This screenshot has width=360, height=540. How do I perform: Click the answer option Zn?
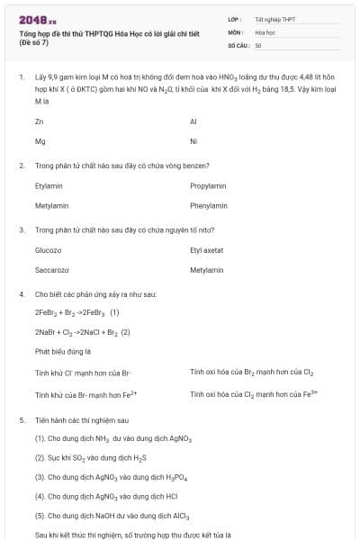click(x=39, y=121)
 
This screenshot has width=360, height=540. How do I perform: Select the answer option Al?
click(x=193, y=121)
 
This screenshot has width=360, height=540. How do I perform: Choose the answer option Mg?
click(x=40, y=141)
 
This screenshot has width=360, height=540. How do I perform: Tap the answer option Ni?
click(x=193, y=141)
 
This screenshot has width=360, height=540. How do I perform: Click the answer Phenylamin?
click(x=209, y=206)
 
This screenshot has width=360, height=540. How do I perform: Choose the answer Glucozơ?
click(x=49, y=249)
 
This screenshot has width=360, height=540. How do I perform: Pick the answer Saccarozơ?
click(x=52, y=270)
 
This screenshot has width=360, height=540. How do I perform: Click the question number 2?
click(x=22, y=166)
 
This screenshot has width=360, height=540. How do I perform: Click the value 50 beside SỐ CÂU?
click(x=258, y=44)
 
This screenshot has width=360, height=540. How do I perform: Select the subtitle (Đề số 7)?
click(x=35, y=42)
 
